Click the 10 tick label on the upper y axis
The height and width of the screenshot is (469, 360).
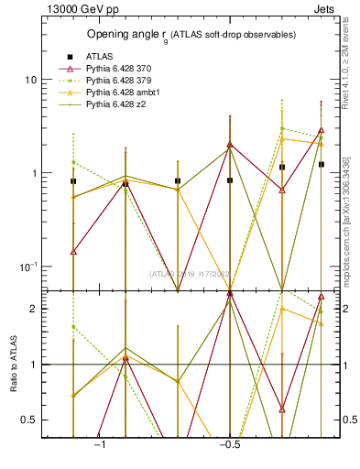click(30, 80)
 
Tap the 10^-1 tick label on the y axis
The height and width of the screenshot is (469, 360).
click(27, 267)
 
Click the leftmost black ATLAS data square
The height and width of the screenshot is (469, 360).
click(73, 181)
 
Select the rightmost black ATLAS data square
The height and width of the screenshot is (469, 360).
click(322, 164)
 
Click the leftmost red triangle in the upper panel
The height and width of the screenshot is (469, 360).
click(73, 251)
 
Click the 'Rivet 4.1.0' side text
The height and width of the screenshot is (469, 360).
click(346, 82)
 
